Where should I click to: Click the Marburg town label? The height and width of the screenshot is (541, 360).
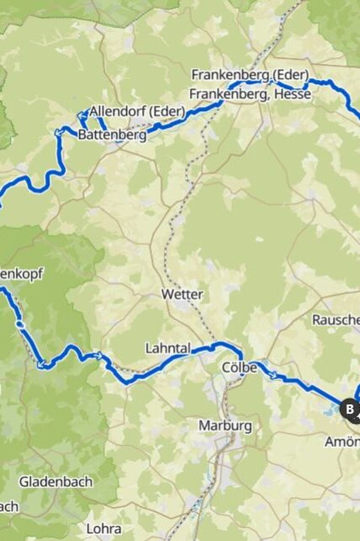pyautogui.click(x=225, y=426)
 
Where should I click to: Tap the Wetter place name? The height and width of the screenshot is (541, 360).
pyautogui.click(x=182, y=294)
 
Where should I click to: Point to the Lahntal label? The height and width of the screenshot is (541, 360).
pyautogui.click(x=168, y=349)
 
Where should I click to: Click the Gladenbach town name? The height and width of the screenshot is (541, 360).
pyautogui.click(x=56, y=482)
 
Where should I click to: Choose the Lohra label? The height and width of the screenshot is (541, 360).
pyautogui.click(x=104, y=529)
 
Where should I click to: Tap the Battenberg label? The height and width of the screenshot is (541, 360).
pyautogui.click(x=112, y=135)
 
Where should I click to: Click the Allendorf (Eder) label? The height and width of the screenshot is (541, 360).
pyautogui.click(x=137, y=111)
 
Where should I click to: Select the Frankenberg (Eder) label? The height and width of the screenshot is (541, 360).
pyautogui.click(x=250, y=75)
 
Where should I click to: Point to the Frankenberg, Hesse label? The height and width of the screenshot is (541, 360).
pyautogui.click(x=250, y=94)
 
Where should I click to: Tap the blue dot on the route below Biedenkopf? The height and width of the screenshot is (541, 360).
pyautogui.click(x=21, y=324)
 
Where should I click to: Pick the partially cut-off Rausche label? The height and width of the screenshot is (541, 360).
pyautogui.click(x=336, y=320)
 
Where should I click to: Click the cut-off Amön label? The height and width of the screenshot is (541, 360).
pyautogui.click(x=342, y=442)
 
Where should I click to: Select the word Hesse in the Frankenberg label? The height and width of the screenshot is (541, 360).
pyautogui.click(x=292, y=94)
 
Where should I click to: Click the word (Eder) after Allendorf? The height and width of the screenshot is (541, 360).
pyautogui.click(x=167, y=111)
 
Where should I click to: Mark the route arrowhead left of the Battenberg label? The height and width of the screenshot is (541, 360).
pyautogui.click(x=58, y=132)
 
